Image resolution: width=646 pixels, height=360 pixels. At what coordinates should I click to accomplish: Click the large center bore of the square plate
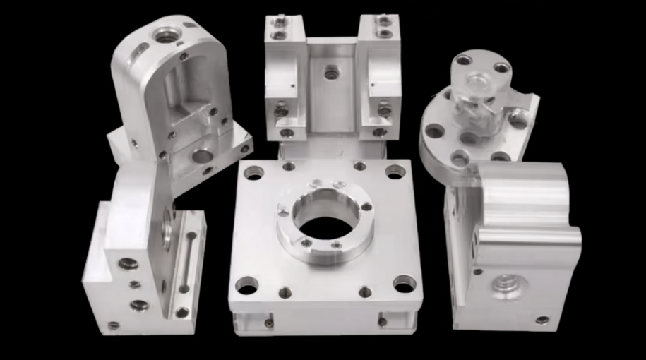tap(324, 225)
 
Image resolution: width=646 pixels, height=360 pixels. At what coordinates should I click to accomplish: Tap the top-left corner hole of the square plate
tap(253, 172)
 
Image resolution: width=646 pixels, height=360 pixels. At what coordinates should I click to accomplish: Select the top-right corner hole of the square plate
tap(395, 171)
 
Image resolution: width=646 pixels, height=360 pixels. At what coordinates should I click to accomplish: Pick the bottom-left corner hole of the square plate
tap(246, 285)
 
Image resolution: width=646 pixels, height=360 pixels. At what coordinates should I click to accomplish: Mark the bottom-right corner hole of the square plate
tap(404, 284)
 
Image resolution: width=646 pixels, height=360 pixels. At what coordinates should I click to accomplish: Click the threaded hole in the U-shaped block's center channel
tap(330, 71)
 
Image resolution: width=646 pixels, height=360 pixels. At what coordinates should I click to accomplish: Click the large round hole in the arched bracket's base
tap(201, 155)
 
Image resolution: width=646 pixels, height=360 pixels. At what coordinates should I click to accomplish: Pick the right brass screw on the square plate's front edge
tap(381, 322)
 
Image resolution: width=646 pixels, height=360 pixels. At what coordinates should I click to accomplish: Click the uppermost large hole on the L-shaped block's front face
tap(128, 264)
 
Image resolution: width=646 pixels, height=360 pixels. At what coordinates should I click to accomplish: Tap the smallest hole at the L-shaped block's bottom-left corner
tap(113, 325)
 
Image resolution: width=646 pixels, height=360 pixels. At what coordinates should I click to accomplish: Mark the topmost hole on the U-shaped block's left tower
tap(280, 21)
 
